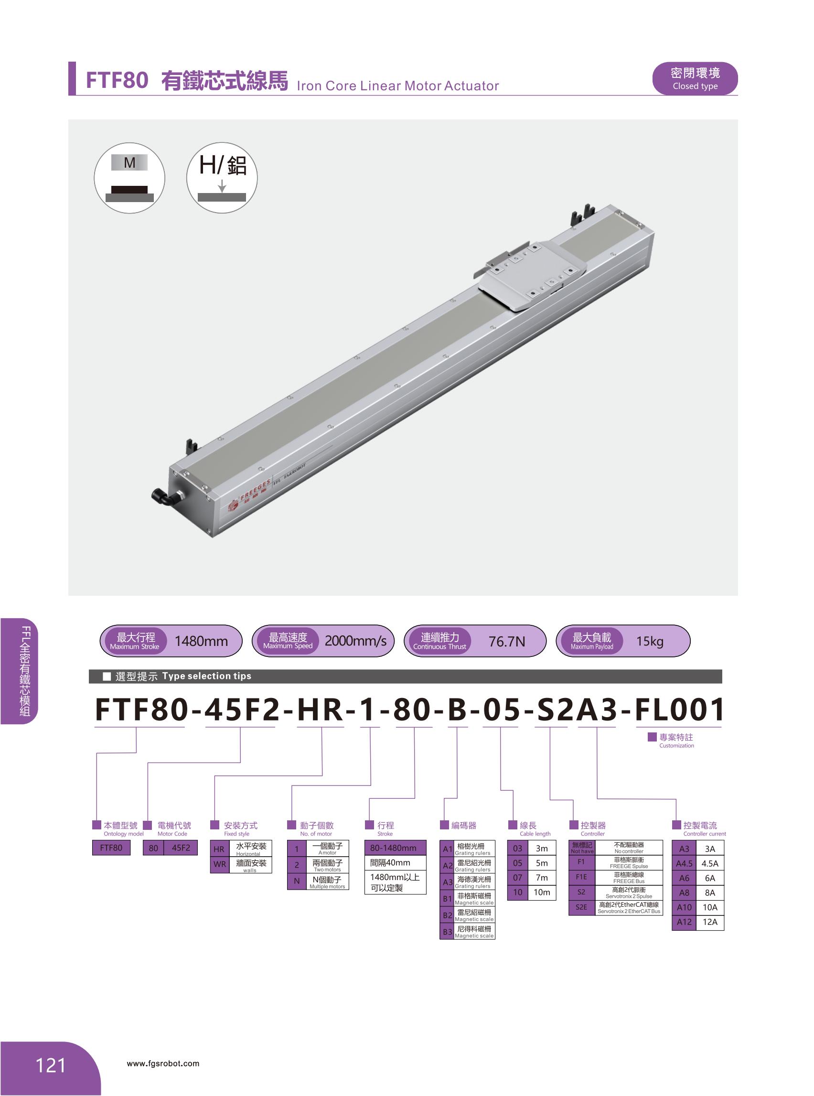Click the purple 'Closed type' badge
pos(695,79)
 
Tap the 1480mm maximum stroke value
pos(201,641)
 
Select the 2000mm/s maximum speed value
pos(355,641)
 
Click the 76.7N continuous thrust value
pos(506,641)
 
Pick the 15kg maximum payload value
pos(649,641)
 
